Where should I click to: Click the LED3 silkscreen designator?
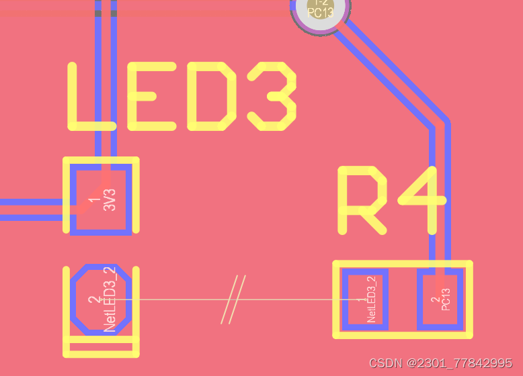tap(182, 97)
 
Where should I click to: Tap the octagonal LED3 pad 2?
tap(101, 299)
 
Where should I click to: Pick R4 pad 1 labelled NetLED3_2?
tap(365, 299)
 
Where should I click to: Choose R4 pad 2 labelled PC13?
tap(440, 299)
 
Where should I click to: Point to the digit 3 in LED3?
tap(272, 97)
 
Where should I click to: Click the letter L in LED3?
tap(91, 97)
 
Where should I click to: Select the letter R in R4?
tap(363, 199)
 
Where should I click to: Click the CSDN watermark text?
tap(440, 363)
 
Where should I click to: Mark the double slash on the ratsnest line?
tap(233, 299)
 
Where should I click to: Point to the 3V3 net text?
tap(110, 199)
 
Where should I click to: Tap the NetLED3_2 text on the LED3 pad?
tap(110, 299)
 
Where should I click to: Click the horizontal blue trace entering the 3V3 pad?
tap(34, 209)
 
